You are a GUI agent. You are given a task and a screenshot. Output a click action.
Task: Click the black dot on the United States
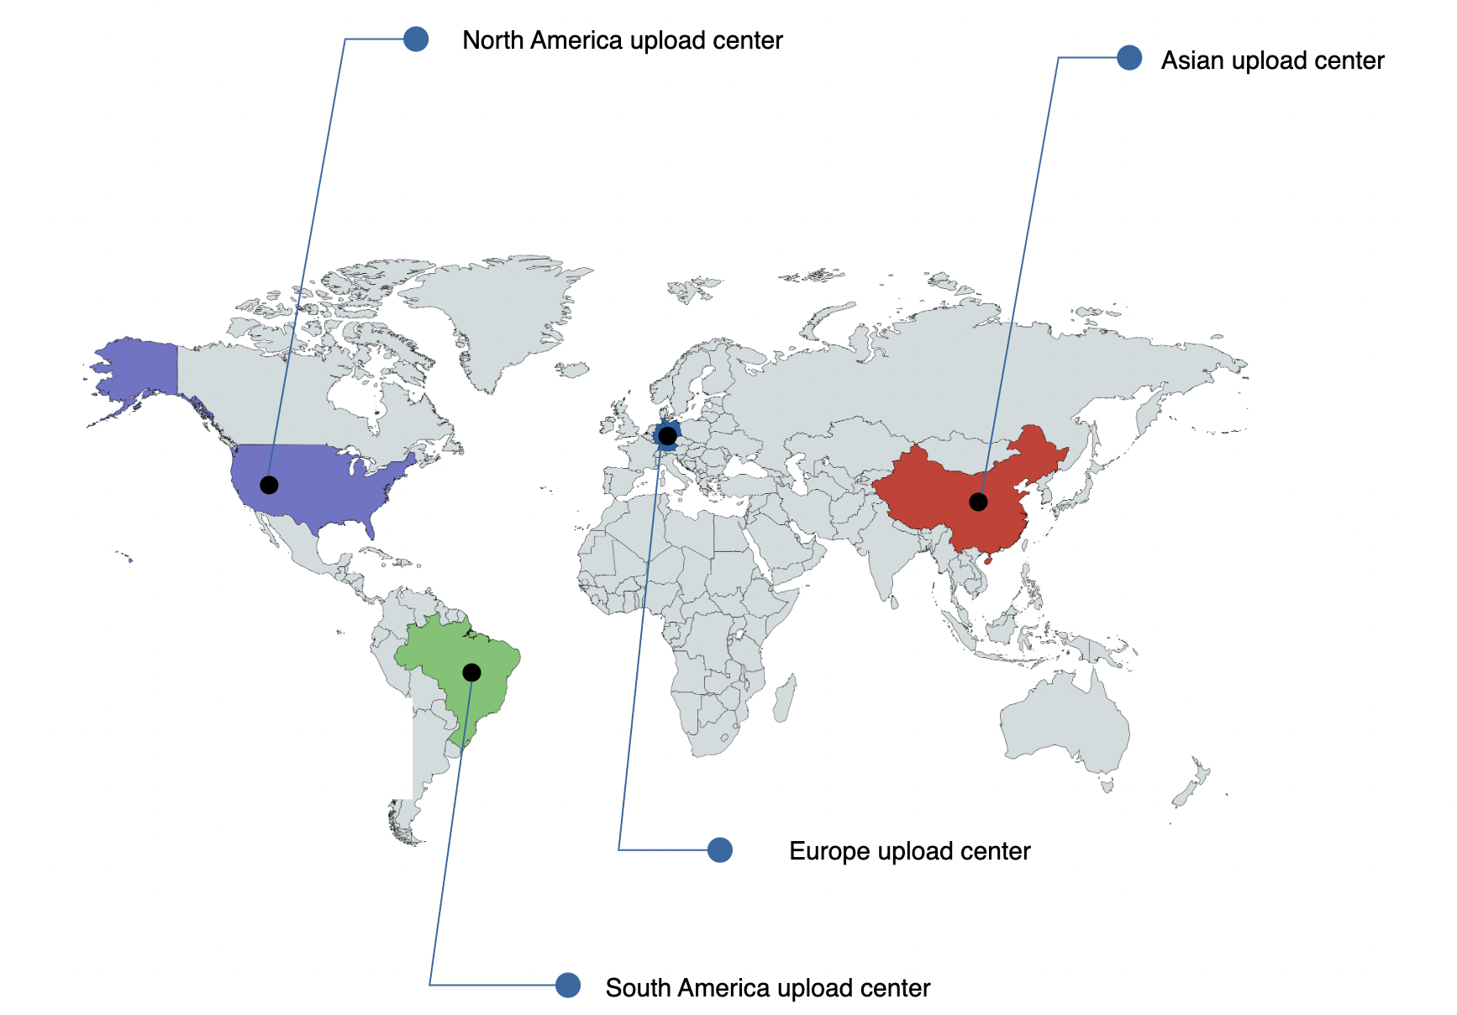269,485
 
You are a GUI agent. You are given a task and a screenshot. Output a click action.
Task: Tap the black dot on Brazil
471,672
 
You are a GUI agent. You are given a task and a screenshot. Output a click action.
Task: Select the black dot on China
978,502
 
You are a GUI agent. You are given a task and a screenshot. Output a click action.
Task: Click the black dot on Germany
667,436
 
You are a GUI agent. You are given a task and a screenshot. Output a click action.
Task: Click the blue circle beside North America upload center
416,39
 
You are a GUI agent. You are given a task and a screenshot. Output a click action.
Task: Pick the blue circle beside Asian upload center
1129,58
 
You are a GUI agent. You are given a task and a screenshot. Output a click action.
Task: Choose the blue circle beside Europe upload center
720,849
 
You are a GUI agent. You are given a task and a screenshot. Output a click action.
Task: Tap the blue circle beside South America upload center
568,985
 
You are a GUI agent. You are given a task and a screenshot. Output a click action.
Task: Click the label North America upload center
622,40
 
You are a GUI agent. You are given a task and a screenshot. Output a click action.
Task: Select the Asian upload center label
1272,60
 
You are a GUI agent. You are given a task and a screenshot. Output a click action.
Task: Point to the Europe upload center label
909,851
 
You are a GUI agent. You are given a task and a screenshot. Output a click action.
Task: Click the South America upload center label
767,988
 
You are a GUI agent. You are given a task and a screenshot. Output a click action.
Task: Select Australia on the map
1063,723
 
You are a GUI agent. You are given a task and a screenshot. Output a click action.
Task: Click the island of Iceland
572,369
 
